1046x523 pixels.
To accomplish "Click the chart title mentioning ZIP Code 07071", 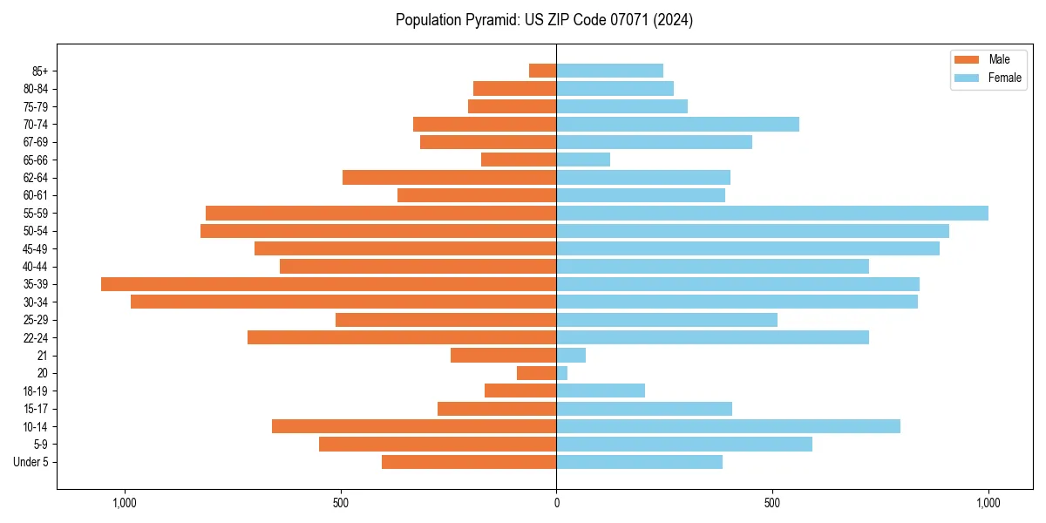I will tap(544, 20).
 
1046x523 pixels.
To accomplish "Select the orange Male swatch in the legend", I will tap(967, 59).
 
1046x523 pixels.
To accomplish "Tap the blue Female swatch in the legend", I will tap(967, 78).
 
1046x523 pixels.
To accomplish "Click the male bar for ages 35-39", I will tap(329, 284).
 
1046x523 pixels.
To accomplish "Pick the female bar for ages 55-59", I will tap(772, 213).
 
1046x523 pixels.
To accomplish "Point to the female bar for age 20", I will tap(562, 373).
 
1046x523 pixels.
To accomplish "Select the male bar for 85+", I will tap(543, 71).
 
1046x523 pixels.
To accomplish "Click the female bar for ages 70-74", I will tap(677, 124).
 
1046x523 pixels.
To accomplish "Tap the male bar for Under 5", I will tap(469, 462).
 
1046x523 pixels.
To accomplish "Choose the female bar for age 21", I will tap(571, 356).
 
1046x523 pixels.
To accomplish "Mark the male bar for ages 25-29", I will tap(446, 320).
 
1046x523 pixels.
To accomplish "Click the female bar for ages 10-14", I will tap(728, 426).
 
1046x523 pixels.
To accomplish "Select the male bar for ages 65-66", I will tap(519, 160).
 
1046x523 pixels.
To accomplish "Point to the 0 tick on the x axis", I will tap(556, 503).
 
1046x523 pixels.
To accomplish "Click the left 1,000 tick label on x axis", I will tap(125, 503).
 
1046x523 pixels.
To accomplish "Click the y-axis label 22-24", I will tap(36, 338).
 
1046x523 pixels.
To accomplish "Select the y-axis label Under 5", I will tap(31, 462).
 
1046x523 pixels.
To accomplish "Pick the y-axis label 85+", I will tap(40, 71).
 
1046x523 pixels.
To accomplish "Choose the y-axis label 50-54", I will tap(36, 231).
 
